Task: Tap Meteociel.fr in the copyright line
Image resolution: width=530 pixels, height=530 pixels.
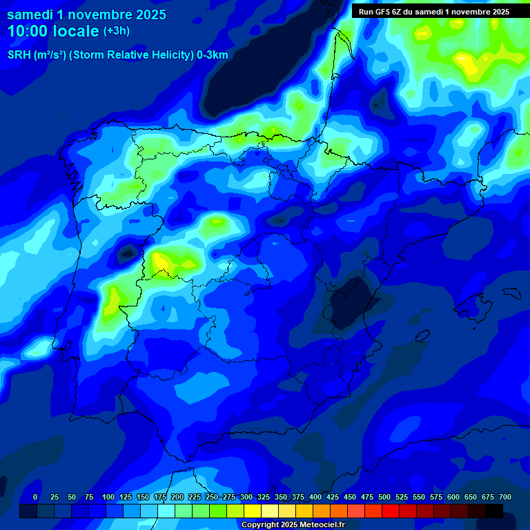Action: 322,525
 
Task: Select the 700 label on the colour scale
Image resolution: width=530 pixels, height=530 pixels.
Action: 504,497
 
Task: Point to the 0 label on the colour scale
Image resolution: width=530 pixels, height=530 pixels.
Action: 35,497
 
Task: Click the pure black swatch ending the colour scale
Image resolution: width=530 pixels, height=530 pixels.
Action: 494,511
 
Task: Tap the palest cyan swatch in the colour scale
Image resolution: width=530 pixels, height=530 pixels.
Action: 166,511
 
